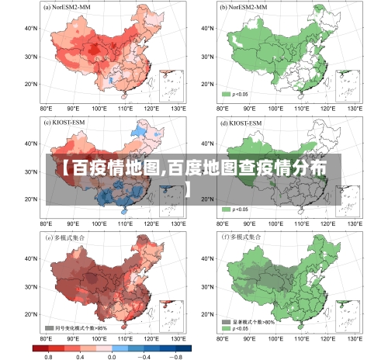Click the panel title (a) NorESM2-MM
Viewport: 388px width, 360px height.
(68, 7)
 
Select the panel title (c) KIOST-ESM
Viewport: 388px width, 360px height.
(65, 122)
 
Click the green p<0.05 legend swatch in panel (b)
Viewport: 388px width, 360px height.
(227, 94)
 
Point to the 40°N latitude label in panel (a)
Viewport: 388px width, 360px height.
(32, 28)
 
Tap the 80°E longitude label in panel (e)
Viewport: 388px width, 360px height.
(46, 339)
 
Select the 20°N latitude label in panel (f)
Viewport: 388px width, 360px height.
(206, 313)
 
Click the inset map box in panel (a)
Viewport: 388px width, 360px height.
(171, 85)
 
